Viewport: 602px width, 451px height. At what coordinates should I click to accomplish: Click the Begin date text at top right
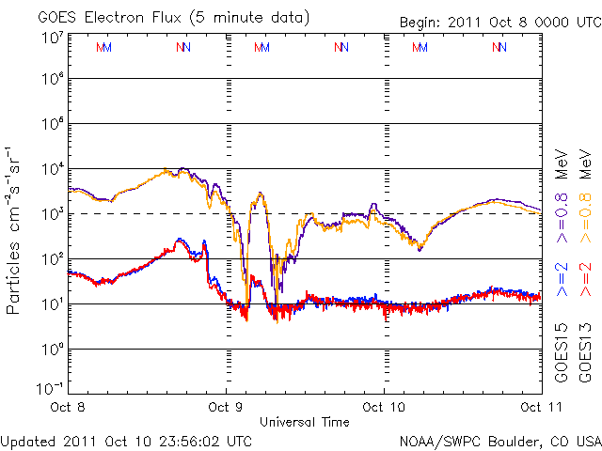485,22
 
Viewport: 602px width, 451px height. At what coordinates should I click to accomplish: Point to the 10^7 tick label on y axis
52,38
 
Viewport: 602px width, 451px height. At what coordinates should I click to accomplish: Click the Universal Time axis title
305,422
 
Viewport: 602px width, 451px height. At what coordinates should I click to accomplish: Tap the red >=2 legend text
583,279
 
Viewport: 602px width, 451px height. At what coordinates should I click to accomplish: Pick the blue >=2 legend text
562,279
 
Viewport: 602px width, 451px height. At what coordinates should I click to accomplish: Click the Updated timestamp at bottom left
126,440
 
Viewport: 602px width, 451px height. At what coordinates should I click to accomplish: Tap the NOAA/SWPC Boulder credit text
499,440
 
